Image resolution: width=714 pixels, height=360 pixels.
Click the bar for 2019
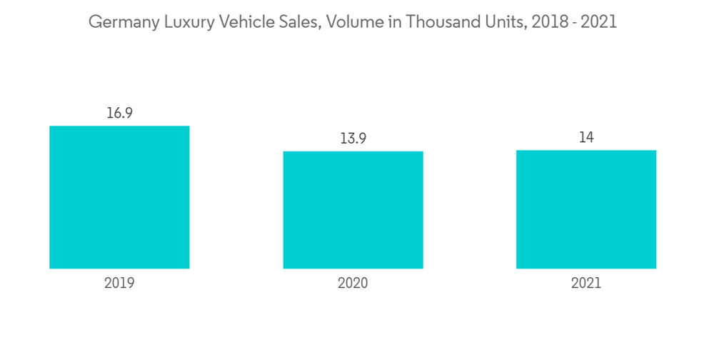click(x=119, y=197)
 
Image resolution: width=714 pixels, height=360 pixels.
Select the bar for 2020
click(x=353, y=210)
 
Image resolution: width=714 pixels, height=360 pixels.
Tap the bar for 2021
click(x=586, y=209)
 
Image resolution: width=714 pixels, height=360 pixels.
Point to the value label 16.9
click(x=119, y=113)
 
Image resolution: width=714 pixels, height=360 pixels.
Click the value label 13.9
click(x=353, y=138)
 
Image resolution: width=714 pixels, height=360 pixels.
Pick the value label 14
click(x=586, y=137)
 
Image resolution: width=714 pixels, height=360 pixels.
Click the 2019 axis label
click(x=119, y=283)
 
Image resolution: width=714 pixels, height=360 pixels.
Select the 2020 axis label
click(x=353, y=283)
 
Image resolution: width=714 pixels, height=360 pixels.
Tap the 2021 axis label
click(x=586, y=283)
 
